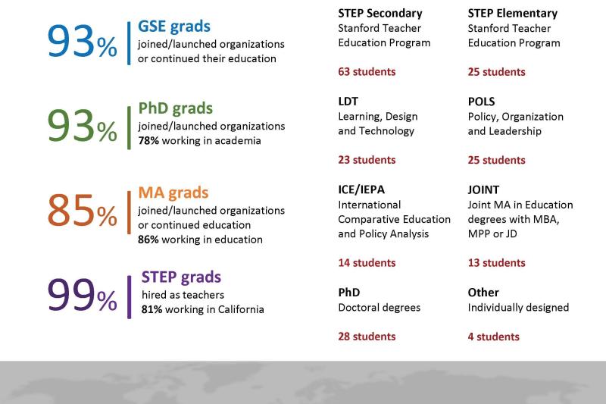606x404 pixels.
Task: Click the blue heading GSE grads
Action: click(x=173, y=27)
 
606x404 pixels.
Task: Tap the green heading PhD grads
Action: click(x=175, y=108)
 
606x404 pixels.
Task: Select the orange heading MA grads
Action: click(x=173, y=193)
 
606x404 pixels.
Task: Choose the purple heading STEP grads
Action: click(x=181, y=277)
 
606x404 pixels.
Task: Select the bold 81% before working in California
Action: click(x=151, y=309)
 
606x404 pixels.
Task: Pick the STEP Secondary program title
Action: click(x=380, y=13)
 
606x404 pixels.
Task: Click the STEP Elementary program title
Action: click(x=512, y=13)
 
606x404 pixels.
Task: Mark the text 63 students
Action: click(x=367, y=72)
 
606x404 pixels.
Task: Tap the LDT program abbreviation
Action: click(x=348, y=102)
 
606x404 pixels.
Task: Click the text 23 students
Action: click(x=367, y=160)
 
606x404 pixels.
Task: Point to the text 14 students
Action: click(x=367, y=263)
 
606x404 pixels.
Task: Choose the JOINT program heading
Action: click(x=483, y=189)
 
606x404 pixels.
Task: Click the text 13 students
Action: click(x=496, y=263)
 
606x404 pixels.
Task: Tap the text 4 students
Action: click(x=493, y=337)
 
